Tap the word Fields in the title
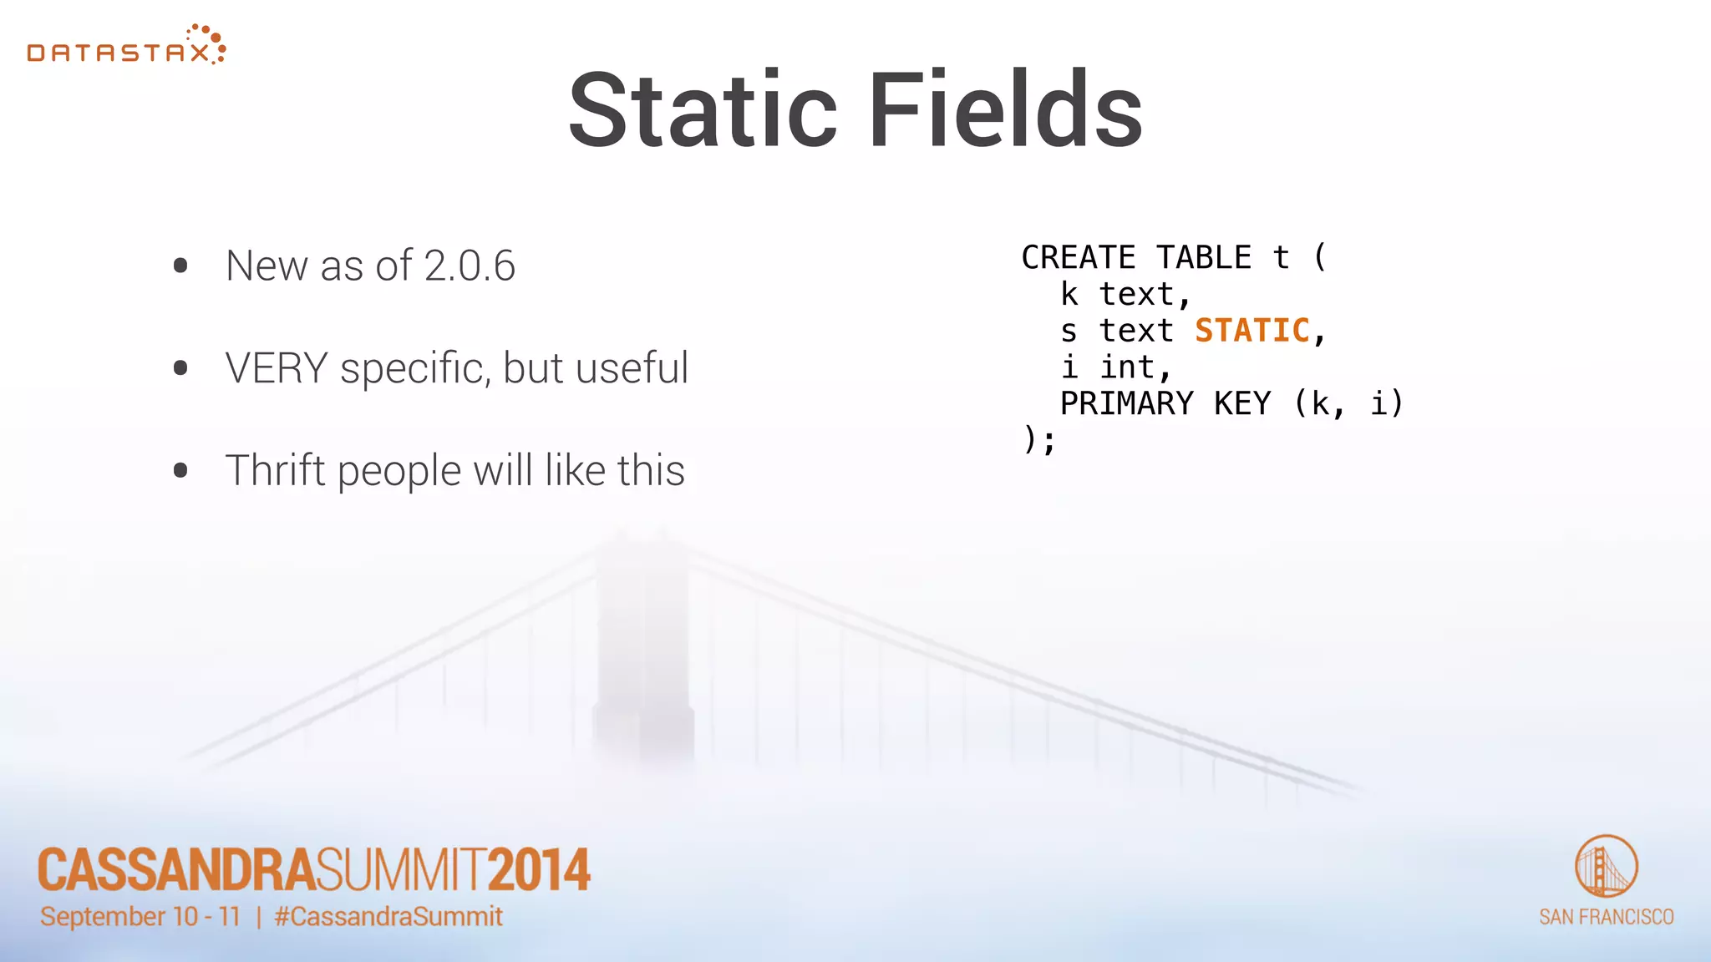pos(1005,111)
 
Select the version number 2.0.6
pos(470,266)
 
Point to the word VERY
pos(277,368)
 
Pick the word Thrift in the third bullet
pos(275,470)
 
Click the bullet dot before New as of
pos(180,266)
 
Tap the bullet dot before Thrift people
pos(180,471)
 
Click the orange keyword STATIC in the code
pos(1252,331)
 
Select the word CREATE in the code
pos(1078,258)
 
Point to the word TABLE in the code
pos(1204,258)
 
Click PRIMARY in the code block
pos(1126,404)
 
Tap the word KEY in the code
pos(1242,404)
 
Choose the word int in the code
pos(1127,367)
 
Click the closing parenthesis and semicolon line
pos(1039,440)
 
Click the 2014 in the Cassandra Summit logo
pos(539,870)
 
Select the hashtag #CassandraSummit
pos(388,917)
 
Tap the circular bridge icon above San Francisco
pos(1606,867)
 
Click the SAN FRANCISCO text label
pos(1606,917)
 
